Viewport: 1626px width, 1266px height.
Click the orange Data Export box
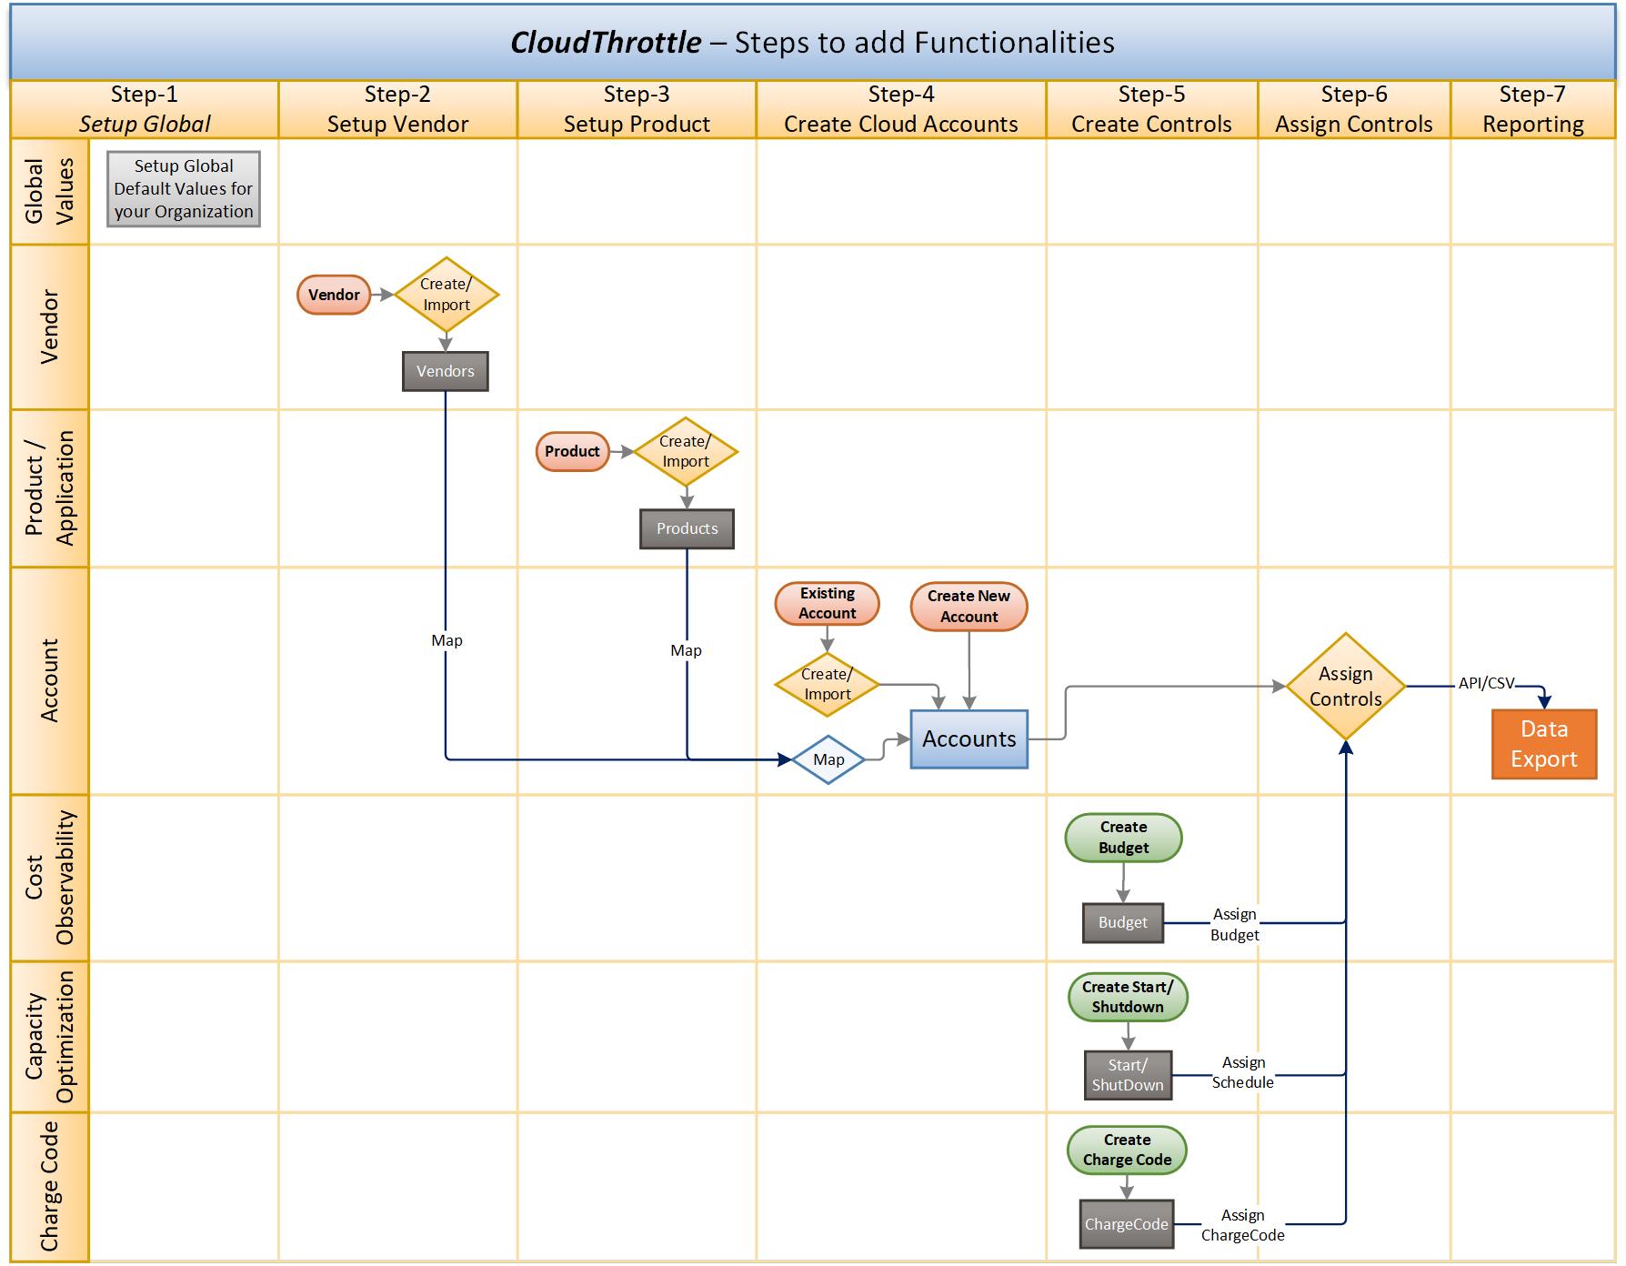pyautogui.click(x=1543, y=744)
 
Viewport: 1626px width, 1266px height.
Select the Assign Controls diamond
pyautogui.click(x=1345, y=687)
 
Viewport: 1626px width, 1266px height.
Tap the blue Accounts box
pyautogui.click(x=969, y=738)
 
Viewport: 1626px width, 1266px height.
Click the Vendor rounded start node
pyautogui.click(x=334, y=295)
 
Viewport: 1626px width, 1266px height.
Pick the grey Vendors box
pyautogui.click(x=445, y=371)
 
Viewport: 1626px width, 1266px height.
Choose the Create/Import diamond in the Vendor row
pyautogui.click(x=446, y=295)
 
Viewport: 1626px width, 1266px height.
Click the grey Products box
pyautogui.click(x=687, y=528)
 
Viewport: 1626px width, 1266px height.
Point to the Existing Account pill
pyautogui.click(x=827, y=603)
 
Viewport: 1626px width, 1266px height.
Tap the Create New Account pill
pyautogui.click(x=969, y=607)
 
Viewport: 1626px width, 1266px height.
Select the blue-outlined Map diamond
pyautogui.click(x=828, y=759)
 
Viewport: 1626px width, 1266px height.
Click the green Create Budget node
pyautogui.click(x=1123, y=837)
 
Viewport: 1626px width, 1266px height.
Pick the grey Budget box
pyautogui.click(x=1122, y=922)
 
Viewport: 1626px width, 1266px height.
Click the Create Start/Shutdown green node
pyautogui.click(x=1127, y=997)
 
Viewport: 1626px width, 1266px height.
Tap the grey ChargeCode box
pyautogui.click(x=1126, y=1224)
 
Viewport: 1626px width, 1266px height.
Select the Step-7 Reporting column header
pyautogui.click(x=1532, y=109)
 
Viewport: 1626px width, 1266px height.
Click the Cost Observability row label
pyautogui.click(x=49, y=878)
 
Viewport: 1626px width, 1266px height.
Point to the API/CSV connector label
pyautogui.click(x=1486, y=683)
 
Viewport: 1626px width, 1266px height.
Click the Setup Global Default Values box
pyautogui.click(x=184, y=189)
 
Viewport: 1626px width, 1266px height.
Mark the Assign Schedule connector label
pyautogui.click(x=1242, y=1072)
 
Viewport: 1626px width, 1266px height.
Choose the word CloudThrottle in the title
pyautogui.click(x=606, y=43)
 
